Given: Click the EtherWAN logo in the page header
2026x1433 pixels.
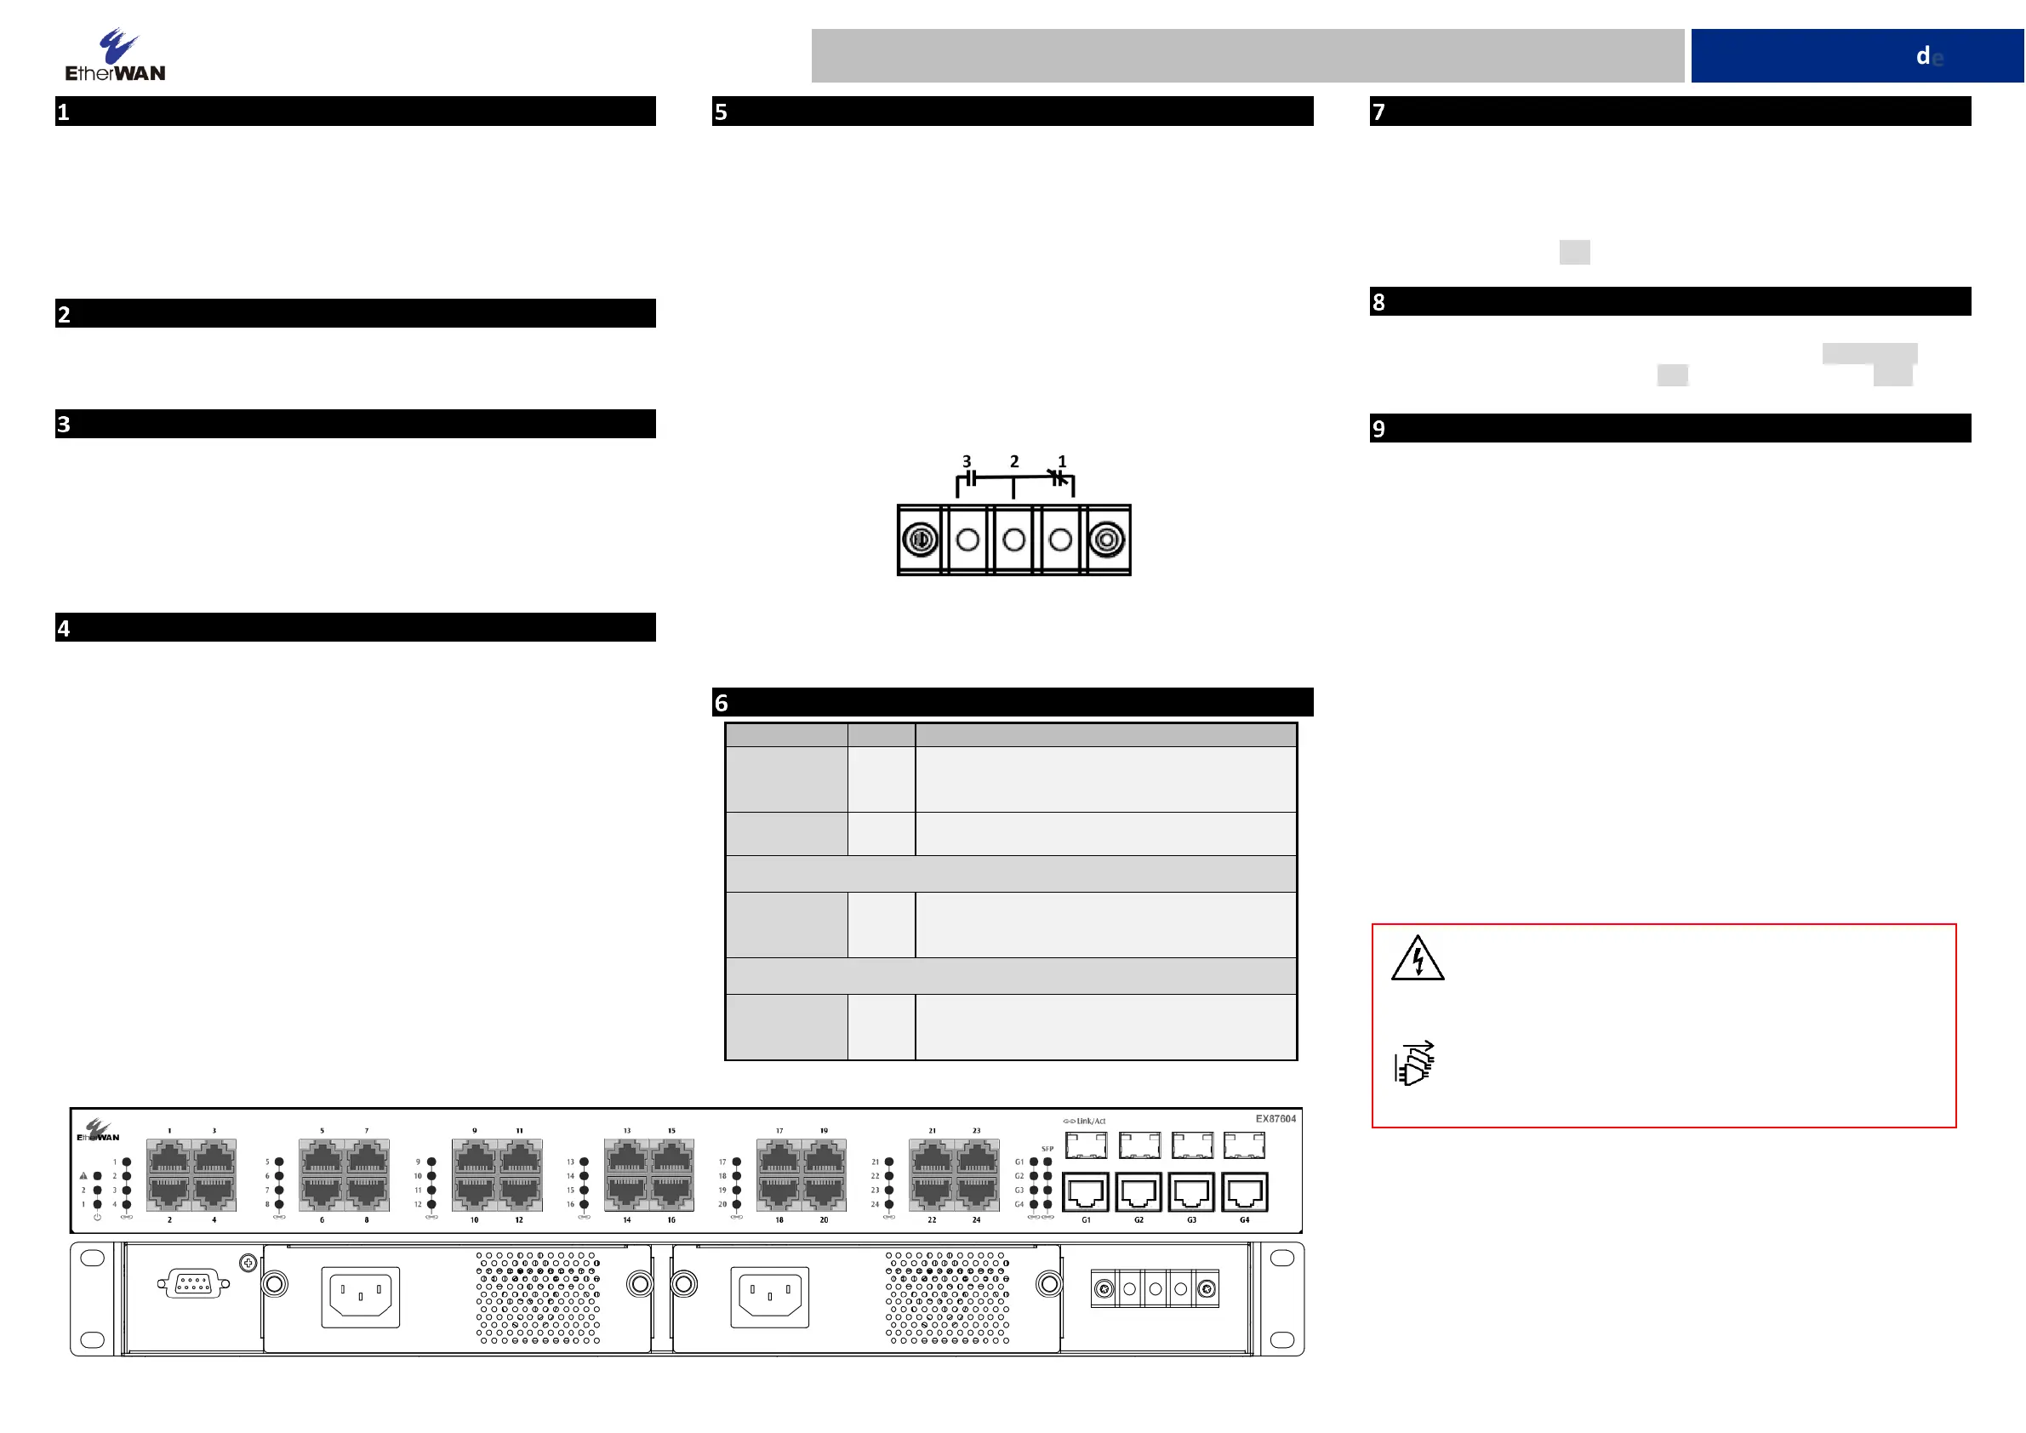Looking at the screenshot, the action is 115,55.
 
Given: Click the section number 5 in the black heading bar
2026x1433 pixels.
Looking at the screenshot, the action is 721,112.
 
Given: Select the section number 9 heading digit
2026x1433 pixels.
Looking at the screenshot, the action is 1378,429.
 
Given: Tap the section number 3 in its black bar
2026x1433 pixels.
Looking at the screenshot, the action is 64,425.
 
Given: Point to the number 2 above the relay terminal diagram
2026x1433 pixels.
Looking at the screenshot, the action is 1014,461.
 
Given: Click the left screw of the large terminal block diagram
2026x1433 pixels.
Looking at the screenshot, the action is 921,540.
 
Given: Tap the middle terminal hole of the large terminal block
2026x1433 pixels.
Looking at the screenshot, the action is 1014,540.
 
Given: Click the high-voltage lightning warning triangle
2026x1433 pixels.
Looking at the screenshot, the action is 1417,958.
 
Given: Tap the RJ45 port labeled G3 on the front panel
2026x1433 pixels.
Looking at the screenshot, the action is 1191,1192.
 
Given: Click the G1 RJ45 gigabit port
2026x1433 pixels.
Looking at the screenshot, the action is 1086,1192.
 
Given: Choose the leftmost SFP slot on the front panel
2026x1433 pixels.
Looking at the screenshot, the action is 1086,1145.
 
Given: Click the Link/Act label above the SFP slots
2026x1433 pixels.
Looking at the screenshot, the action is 1090,1122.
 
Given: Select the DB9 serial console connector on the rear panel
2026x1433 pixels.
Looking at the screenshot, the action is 193,1285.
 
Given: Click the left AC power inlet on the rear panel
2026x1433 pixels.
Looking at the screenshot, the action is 360,1296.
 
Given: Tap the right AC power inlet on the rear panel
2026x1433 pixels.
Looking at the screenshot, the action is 769,1296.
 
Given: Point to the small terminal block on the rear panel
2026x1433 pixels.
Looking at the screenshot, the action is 1154,1289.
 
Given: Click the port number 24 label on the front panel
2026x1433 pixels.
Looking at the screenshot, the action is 976,1220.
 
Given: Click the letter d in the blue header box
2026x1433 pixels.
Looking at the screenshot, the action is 1923,56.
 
